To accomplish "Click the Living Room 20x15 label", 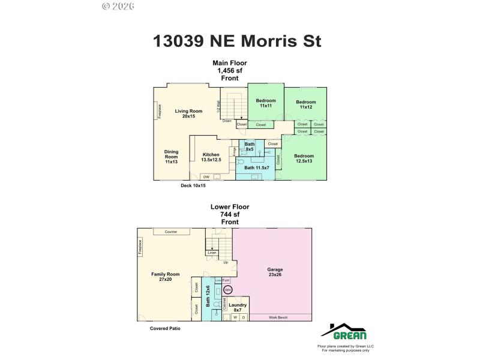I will click(x=188, y=113).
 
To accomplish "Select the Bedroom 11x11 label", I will click(x=266, y=103).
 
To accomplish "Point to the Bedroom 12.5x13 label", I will click(x=304, y=158).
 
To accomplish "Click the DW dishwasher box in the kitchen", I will click(x=206, y=177).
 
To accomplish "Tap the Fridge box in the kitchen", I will click(x=235, y=152).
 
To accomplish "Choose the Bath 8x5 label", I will click(x=250, y=146).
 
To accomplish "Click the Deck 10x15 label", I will click(x=193, y=186).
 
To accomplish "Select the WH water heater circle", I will click(x=227, y=290).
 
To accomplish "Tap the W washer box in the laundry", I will click(x=235, y=317).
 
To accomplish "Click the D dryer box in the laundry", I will click(x=243, y=317).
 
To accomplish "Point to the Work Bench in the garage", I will click(x=279, y=317).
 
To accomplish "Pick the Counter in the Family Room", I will click(x=170, y=231).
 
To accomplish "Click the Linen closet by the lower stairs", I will click(x=211, y=253).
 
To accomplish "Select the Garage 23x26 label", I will click(x=275, y=272).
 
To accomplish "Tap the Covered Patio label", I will click(x=165, y=329).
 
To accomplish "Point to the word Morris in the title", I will click(x=268, y=41).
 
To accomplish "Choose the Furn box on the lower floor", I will click(x=226, y=280).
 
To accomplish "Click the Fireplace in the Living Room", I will click(x=159, y=110).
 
